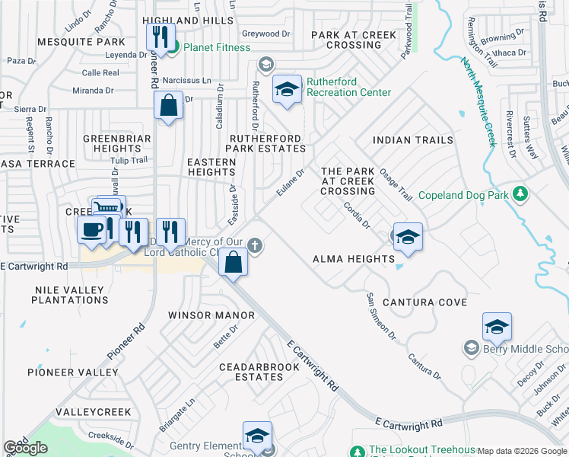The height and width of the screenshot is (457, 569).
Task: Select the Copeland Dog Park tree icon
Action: click(520, 193)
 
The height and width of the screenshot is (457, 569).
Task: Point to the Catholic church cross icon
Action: click(256, 246)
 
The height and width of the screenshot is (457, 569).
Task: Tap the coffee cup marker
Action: click(92, 229)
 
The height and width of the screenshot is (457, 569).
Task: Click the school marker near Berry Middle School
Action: click(497, 327)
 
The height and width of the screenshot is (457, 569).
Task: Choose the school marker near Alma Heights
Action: click(408, 237)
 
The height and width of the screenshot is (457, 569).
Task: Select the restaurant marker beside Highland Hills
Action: click(161, 35)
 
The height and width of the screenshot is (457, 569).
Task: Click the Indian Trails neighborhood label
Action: click(413, 140)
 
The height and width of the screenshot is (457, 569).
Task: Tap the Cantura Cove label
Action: click(424, 302)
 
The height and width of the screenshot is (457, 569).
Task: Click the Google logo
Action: click(26, 448)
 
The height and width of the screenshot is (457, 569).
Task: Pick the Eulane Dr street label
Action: click(290, 182)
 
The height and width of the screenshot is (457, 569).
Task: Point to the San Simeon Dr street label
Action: click(381, 315)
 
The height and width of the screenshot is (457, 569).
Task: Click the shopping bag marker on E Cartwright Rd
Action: click(233, 264)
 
